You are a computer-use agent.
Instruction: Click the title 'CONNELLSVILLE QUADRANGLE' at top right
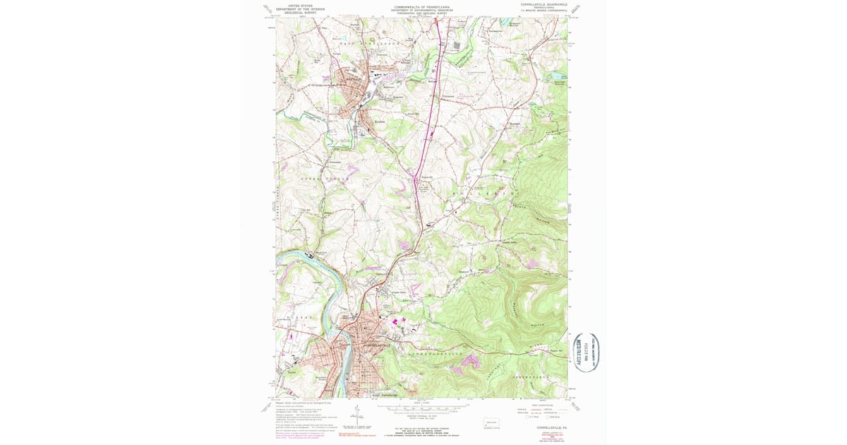point(544,4)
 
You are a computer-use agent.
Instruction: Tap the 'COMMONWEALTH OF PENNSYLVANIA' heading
point(423,6)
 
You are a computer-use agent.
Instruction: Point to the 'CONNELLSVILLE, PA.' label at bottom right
point(548,428)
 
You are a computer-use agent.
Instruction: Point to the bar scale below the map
point(421,408)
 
